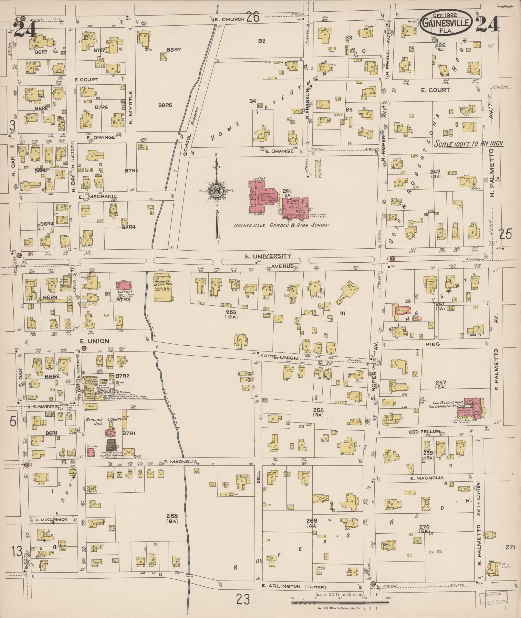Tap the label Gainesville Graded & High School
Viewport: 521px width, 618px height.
(x=282, y=225)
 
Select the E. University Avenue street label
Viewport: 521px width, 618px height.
(x=268, y=256)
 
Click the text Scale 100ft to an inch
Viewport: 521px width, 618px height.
(x=468, y=143)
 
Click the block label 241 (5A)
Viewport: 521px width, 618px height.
(x=287, y=193)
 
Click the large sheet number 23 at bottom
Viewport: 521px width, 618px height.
(x=243, y=600)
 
